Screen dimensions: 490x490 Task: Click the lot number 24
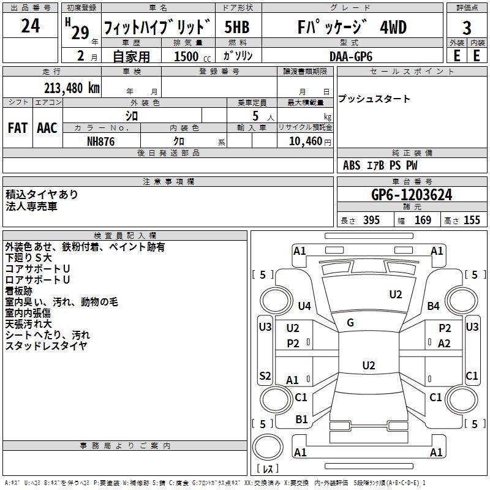coord(30,26)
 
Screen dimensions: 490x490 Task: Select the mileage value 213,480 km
coord(72,88)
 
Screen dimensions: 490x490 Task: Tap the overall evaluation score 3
coord(467,28)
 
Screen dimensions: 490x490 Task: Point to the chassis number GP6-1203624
coord(412,195)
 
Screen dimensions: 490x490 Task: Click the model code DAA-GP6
coord(351,56)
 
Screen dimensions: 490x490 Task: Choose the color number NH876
coord(100,141)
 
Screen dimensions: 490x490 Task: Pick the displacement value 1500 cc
coord(192,56)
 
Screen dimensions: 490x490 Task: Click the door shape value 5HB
coord(237,27)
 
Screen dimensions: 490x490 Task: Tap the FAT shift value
coord(18,128)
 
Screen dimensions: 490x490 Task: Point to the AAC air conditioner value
coord(47,128)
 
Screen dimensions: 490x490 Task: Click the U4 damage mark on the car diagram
coord(304,306)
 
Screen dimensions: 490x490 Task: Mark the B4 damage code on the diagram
coord(433,306)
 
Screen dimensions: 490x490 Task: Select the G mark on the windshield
coord(350,323)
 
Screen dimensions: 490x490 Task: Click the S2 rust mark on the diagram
coord(265,375)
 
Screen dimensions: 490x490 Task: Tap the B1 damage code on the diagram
coord(301,420)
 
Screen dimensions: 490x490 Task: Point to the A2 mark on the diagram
coord(444,344)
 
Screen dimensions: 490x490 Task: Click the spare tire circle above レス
coord(268,447)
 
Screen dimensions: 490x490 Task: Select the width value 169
coord(423,220)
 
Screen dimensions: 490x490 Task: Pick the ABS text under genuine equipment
coord(352,165)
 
